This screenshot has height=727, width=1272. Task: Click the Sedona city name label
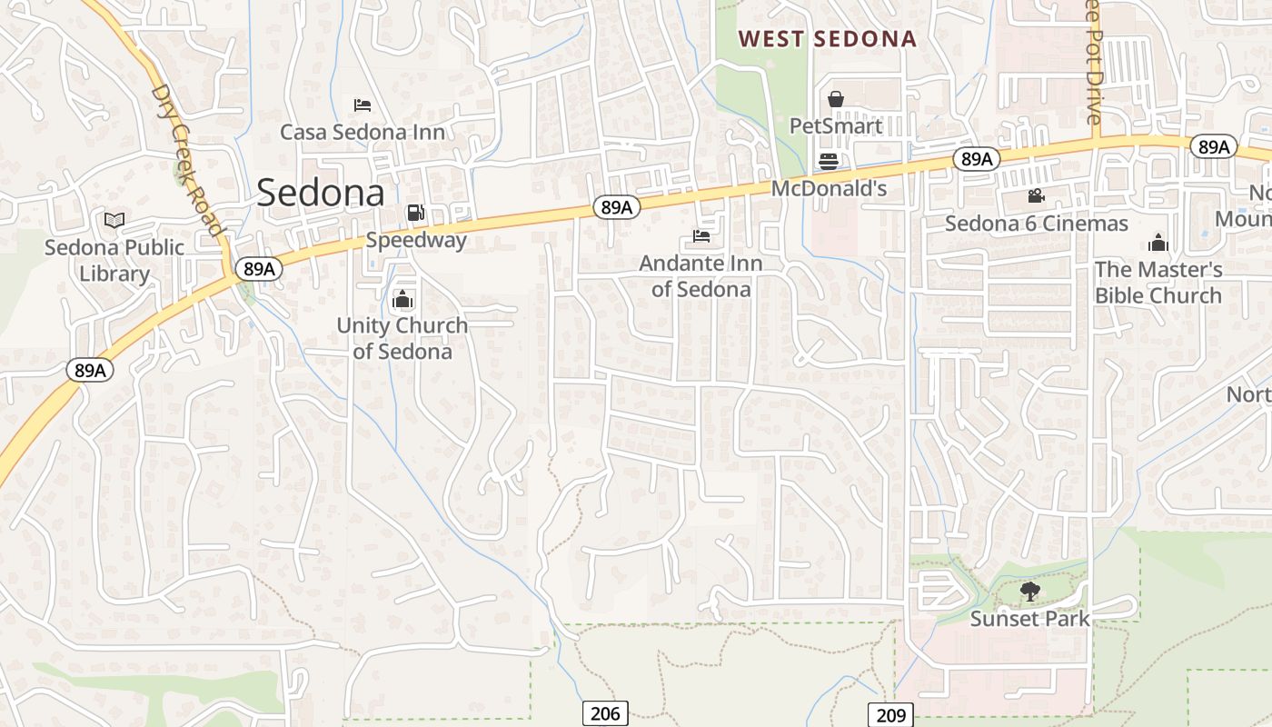(321, 193)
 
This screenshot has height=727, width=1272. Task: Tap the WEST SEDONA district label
(827, 39)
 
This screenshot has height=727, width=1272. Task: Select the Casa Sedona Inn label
(362, 133)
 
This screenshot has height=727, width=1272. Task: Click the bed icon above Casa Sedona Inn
(362, 105)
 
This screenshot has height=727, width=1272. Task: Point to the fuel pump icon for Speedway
(415, 213)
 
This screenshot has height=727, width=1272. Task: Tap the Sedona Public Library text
(114, 260)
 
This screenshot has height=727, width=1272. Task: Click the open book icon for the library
(114, 220)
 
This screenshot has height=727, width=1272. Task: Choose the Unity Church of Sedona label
(402, 338)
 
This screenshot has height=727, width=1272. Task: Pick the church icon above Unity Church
(402, 299)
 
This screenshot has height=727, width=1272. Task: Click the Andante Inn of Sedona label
(701, 276)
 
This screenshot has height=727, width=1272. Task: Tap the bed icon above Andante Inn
(701, 236)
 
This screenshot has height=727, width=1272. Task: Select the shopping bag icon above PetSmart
(835, 99)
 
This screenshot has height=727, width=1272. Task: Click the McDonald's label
(829, 189)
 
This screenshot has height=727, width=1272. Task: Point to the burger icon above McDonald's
(828, 162)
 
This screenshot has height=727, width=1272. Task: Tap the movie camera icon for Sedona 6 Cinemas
(1036, 196)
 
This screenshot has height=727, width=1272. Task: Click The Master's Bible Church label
(1158, 283)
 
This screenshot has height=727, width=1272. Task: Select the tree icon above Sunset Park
(1029, 593)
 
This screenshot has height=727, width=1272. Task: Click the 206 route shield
(605, 713)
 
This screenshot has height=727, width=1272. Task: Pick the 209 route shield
(890, 715)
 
